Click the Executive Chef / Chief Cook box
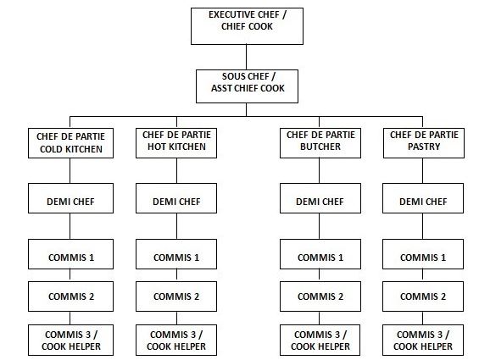point(247,26)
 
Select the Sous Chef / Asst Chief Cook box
point(247,86)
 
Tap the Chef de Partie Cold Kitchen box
point(70,143)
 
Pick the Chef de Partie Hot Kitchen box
point(176,143)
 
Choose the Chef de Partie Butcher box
point(320,143)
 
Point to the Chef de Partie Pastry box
point(424,143)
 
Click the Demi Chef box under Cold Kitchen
point(70,198)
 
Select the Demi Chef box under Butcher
point(320,198)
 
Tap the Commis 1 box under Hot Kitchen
point(176,254)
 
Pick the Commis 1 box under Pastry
point(423,254)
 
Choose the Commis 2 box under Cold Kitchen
point(70,296)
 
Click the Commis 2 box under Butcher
point(320,296)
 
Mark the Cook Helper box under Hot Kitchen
point(176,341)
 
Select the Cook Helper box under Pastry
point(423,341)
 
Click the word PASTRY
point(424,147)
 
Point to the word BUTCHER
point(320,147)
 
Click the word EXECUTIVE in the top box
point(231,14)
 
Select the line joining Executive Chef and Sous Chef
point(246,57)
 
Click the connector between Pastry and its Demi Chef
point(423,171)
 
